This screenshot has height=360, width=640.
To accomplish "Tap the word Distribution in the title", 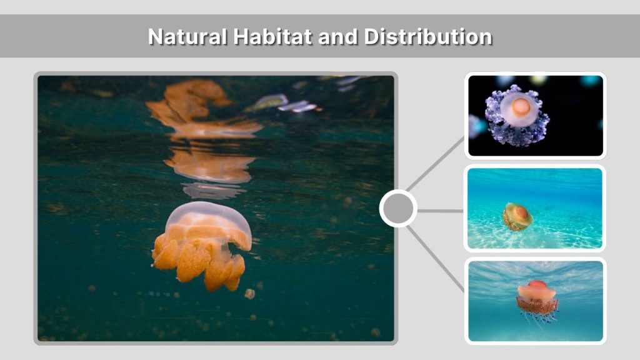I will pyautogui.click(x=428, y=37).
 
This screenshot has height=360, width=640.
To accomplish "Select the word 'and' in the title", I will pyautogui.click(x=339, y=37).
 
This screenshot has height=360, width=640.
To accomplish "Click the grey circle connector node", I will pyautogui.click(x=398, y=209).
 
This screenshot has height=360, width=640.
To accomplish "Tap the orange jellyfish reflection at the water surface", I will pyautogui.click(x=200, y=125).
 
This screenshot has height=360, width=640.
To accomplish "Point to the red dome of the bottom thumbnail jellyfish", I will pyautogui.click(x=537, y=286).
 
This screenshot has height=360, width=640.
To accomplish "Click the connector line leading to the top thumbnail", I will pyautogui.click(x=437, y=162).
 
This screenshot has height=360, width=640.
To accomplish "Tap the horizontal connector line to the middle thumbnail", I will pyautogui.click(x=441, y=211).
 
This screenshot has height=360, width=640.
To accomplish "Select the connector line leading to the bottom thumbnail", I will pyautogui.click(x=437, y=259).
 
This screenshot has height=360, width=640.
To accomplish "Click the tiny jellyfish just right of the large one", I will pyautogui.click(x=249, y=294).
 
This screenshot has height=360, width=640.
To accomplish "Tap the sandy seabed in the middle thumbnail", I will pyautogui.click(x=562, y=234).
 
